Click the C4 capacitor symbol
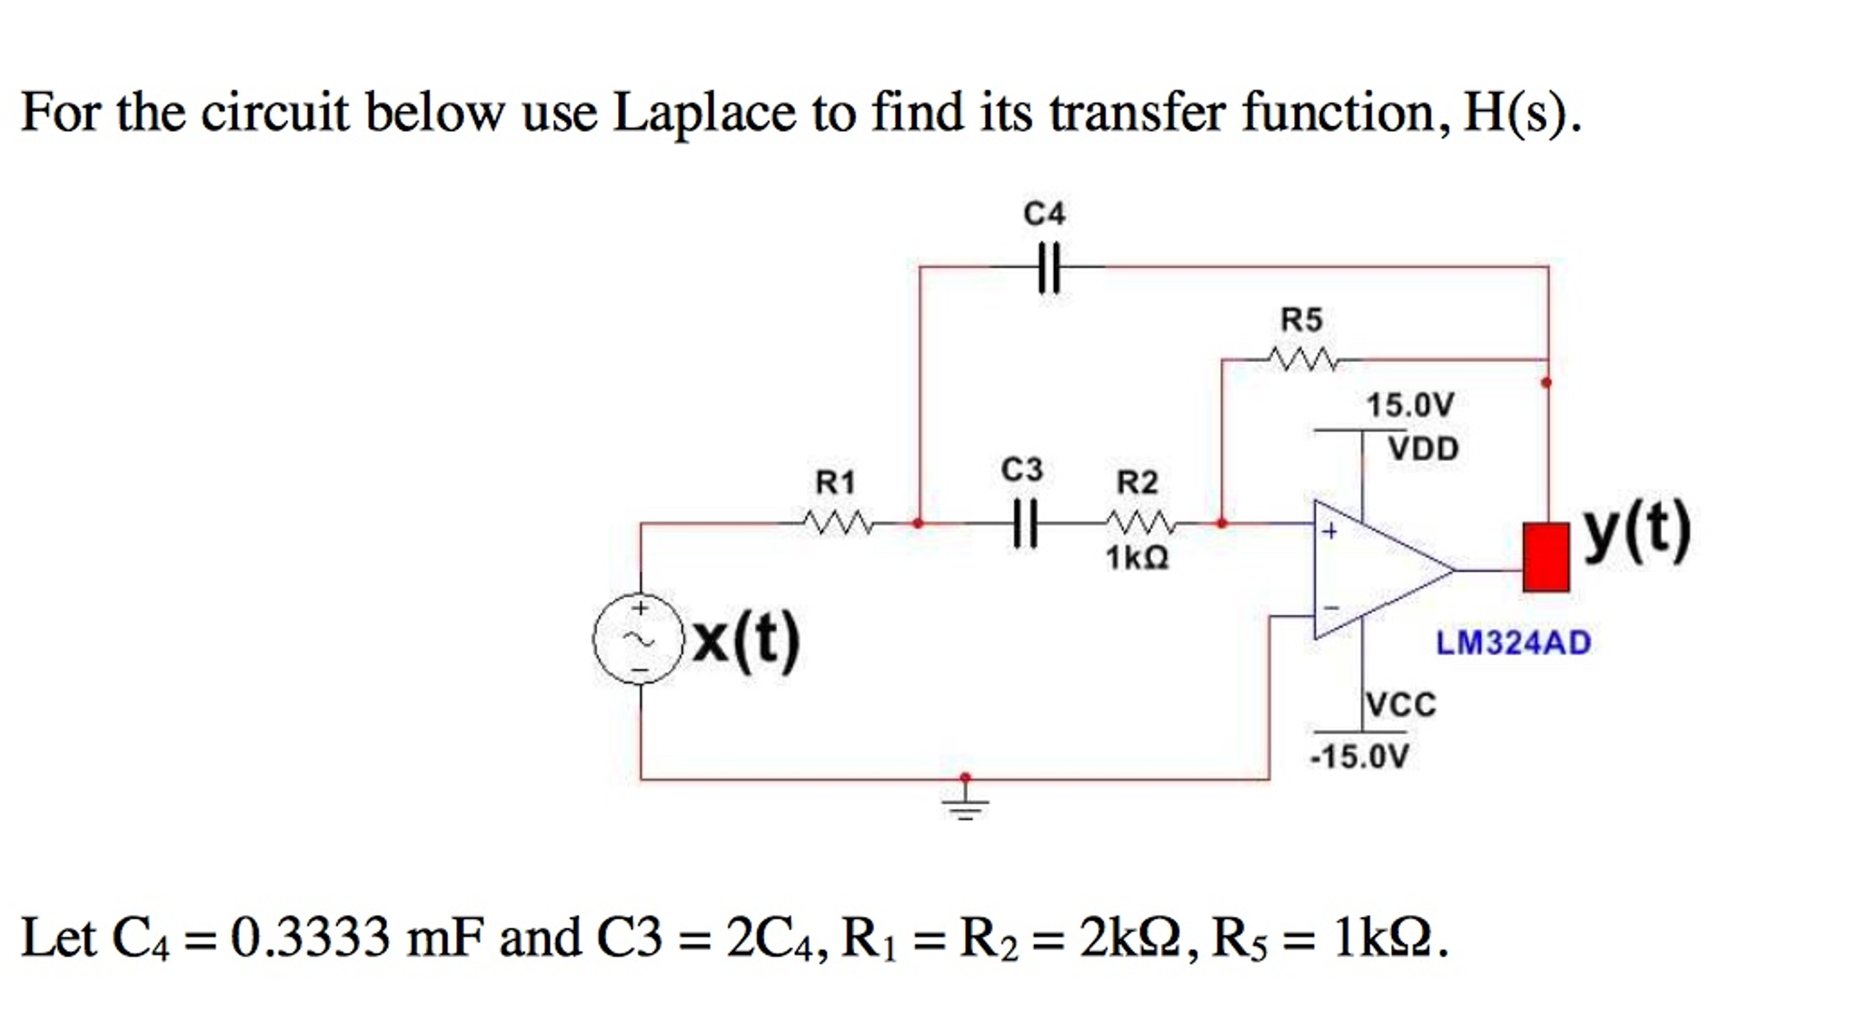click(x=1049, y=267)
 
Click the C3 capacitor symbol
click(x=1024, y=524)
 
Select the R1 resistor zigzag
click(x=838, y=523)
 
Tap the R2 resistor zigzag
click(x=1141, y=523)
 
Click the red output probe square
click(x=1546, y=557)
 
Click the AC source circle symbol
click(x=638, y=639)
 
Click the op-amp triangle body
click(x=1372, y=570)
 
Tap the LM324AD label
click(x=1513, y=644)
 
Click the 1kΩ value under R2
click(x=1137, y=557)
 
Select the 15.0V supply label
click(x=1410, y=405)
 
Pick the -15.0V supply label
click(x=1359, y=756)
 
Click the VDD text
click(x=1423, y=449)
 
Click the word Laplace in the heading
click(x=703, y=114)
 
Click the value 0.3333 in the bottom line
click(x=310, y=938)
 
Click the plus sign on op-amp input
click(x=1329, y=531)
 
